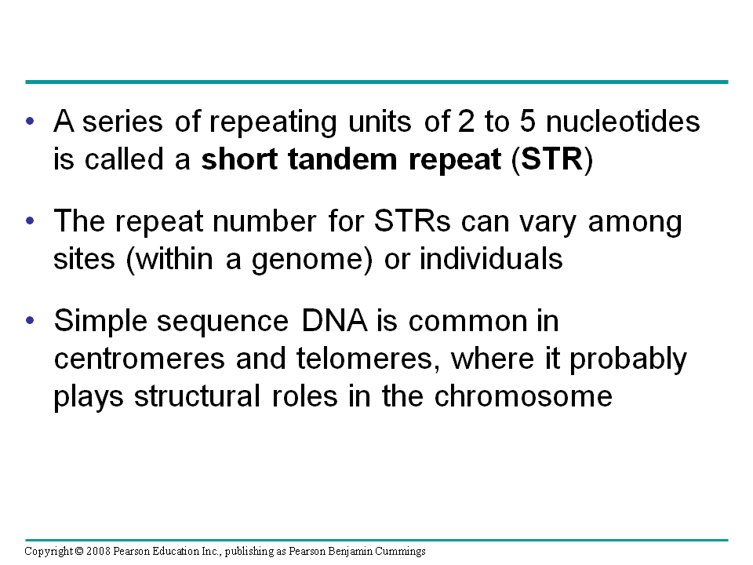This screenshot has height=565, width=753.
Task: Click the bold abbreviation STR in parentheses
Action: [x=551, y=159]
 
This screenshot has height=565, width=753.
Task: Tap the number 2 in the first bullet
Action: [x=466, y=121]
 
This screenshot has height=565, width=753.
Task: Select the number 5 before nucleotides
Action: [x=527, y=121]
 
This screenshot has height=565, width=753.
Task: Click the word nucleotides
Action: [x=623, y=121]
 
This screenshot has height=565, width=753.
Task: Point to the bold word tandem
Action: [x=343, y=159]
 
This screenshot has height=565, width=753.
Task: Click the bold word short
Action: [x=239, y=159]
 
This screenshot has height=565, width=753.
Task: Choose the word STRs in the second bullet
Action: [x=412, y=221]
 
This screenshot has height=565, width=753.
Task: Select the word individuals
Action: [x=491, y=258]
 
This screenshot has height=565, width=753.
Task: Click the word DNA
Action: [x=334, y=321]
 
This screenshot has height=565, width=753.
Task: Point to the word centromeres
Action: [x=140, y=359]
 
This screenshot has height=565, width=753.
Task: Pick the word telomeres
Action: [x=365, y=359]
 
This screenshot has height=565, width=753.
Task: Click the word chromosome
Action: [x=523, y=396]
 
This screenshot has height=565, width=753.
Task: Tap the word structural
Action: [x=198, y=396]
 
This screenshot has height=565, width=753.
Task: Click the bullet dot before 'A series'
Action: [x=31, y=121]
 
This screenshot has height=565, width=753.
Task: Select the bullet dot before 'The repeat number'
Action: [x=31, y=221]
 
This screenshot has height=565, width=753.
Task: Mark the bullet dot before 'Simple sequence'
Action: [x=31, y=320]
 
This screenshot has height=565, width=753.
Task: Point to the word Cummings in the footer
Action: [x=400, y=552]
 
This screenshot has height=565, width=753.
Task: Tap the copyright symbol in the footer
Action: [x=79, y=551]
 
